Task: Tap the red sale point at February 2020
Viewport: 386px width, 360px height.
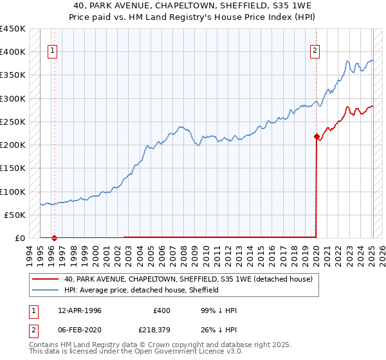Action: click(x=317, y=136)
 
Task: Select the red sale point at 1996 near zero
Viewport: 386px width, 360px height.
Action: click(x=54, y=238)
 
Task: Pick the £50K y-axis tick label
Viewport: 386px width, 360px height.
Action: click(x=15, y=215)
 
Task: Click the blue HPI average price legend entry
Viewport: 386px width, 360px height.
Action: click(x=142, y=290)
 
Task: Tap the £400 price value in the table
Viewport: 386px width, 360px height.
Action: click(x=161, y=310)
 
